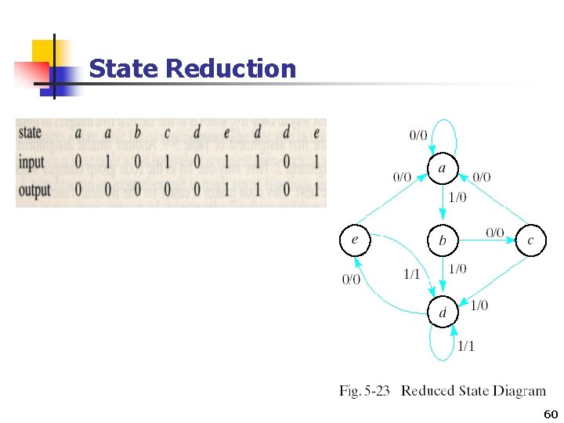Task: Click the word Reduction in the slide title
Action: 231,69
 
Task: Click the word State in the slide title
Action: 125,69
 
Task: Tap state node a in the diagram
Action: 442,168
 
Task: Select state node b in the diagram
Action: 442,240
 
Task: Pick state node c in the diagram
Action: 530,240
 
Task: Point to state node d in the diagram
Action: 442,312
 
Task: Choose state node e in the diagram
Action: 354,240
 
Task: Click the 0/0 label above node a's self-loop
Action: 419,135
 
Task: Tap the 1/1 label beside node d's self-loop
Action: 465,345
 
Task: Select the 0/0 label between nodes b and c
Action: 494,232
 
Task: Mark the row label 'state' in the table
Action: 30,132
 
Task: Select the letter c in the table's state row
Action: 167,132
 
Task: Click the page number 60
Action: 550,414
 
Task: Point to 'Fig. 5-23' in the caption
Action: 366,391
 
